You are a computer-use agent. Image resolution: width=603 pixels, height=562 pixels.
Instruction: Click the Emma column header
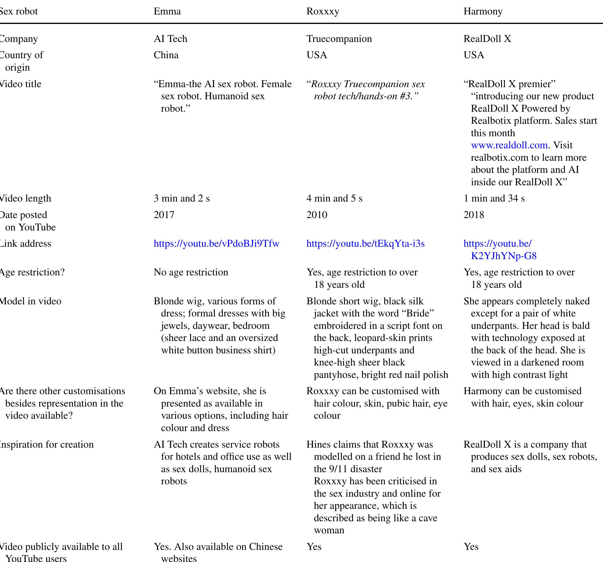[x=167, y=12]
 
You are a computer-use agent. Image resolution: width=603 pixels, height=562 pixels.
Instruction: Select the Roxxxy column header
[x=323, y=12]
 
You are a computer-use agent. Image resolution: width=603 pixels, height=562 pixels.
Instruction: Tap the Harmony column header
[x=483, y=12]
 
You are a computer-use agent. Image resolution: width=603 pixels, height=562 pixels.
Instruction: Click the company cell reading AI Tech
[x=170, y=39]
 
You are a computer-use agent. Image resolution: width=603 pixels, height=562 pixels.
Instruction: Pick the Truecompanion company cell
[x=339, y=39]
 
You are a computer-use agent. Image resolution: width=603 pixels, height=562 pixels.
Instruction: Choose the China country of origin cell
[x=166, y=55]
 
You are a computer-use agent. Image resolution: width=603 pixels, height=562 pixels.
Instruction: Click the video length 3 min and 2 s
[x=181, y=199]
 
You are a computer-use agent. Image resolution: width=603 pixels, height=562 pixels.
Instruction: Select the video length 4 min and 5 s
[x=334, y=199]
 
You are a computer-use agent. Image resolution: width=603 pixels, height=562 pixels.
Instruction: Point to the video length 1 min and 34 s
[x=494, y=199]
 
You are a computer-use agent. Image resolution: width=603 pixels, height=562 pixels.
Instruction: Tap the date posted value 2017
[x=164, y=215]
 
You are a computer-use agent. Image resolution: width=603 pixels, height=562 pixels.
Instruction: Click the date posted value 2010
[x=317, y=215]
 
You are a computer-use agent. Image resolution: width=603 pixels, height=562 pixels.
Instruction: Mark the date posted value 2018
[x=474, y=215]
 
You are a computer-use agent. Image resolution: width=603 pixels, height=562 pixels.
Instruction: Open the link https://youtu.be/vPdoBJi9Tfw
[x=216, y=244]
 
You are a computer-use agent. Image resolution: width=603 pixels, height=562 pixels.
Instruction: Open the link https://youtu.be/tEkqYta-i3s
[x=366, y=244]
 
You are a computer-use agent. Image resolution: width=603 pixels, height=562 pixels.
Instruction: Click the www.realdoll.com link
[x=509, y=145]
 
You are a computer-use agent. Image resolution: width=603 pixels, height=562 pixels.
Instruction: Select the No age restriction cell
[x=191, y=272]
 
